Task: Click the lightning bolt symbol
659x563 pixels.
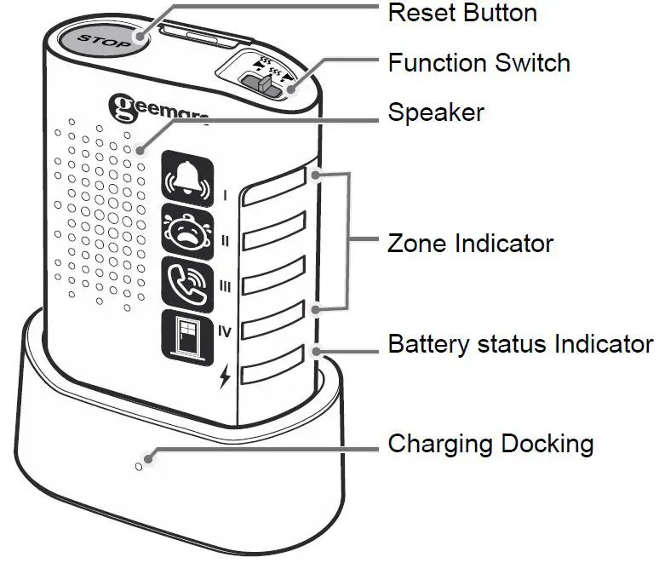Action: (x=225, y=376)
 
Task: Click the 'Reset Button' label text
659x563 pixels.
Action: (x=462, y=13)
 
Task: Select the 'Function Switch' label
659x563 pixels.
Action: (x=478, y=62)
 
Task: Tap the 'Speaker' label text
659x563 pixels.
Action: (x=435, y=112)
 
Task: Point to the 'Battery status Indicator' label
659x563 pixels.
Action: (x=520, y=344)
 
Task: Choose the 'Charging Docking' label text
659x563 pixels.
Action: (x=490, y=444)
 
